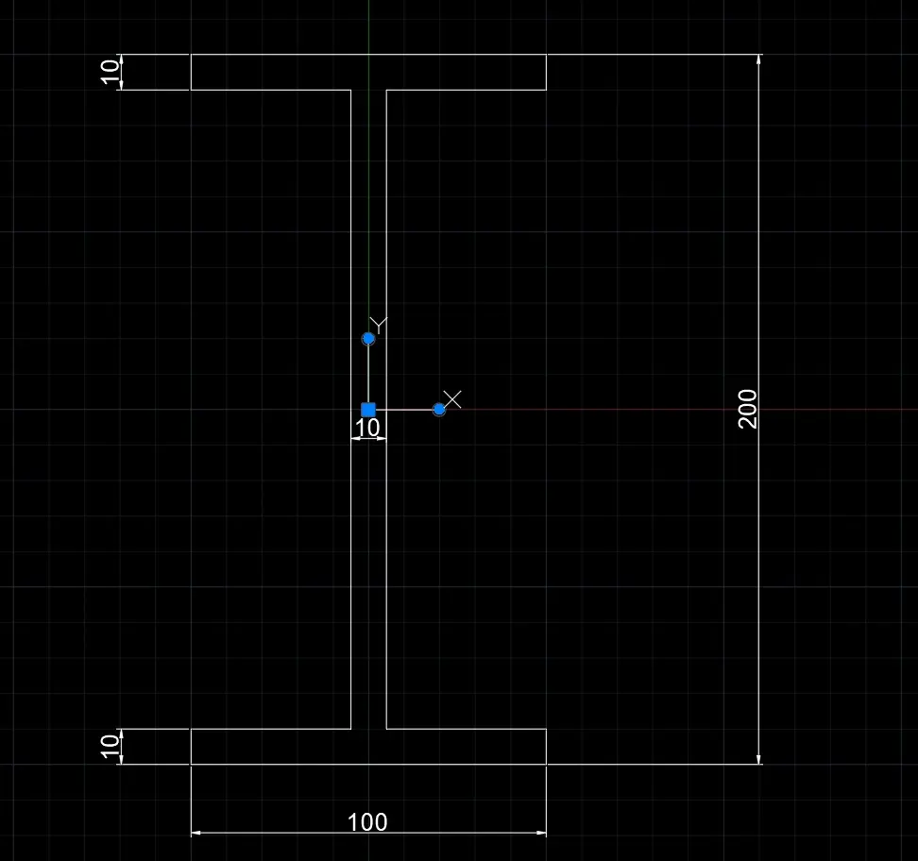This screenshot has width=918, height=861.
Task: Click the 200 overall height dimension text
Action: [x=748, y=409]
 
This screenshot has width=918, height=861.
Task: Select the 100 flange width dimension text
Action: [x=367, y=822]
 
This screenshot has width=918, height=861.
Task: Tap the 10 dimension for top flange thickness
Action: [x=110, y=72]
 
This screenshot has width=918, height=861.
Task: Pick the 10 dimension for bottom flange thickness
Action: [x=110, y=746]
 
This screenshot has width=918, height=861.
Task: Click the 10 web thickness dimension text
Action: [x=367, y=428]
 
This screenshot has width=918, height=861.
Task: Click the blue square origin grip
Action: [x=368, y=410]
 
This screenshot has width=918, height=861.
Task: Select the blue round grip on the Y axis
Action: [x=368, y=338]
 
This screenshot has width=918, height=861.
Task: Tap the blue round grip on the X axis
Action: [x=439, y=410]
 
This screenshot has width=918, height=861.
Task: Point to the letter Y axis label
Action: [x=379, y=325]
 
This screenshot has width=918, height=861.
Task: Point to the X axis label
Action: [x=452, y=399]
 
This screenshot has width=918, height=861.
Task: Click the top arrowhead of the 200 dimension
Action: [x=758, y=59]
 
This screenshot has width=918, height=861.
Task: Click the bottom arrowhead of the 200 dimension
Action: [x=758, y=760]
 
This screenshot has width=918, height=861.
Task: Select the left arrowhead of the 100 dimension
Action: [x=196, y=833]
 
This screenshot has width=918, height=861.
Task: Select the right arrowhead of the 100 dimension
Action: [x=541, y=833]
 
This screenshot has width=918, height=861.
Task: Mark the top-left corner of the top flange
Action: [x=192, y=55]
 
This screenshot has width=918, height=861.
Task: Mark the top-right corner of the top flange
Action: [x=546, y=55]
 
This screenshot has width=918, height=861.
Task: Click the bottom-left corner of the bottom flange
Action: [x=192, y=765]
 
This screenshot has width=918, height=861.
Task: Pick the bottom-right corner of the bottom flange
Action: [x=546, y=765]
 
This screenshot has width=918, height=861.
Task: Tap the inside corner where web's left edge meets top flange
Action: [x=351, y=90]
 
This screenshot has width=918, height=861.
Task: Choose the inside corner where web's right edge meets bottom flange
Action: [x=386, y=730]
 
